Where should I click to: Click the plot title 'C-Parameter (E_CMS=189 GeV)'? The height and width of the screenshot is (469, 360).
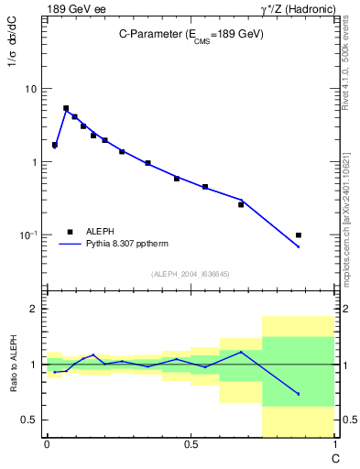191,34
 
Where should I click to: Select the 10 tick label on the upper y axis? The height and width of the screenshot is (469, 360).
32,89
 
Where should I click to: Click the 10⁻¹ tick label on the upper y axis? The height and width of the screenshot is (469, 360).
30,235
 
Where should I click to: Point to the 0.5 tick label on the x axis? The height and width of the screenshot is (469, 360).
191,445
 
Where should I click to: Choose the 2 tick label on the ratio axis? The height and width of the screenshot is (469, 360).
36,309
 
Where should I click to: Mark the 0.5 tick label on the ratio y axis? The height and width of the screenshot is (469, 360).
32,420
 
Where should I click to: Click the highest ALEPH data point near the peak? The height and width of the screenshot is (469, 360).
66,108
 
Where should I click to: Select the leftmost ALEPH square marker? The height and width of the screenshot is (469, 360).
55,145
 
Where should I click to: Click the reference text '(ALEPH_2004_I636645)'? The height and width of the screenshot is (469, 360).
191,273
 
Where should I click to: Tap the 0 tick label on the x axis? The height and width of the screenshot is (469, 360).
47,445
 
